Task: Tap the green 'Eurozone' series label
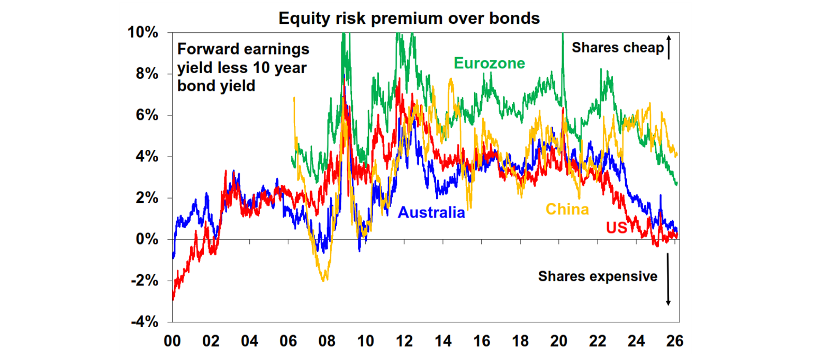[x=489, y=64]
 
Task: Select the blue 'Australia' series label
[x=431, y=212]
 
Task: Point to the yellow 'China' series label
[x=567, y=209]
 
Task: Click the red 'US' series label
[x=616, y=228]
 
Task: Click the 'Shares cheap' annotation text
[x=618, y=48]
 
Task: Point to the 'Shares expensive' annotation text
[x=598, y=276]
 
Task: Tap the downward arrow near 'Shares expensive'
[x=668, y=279]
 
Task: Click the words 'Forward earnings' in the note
[x=243, y=49]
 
